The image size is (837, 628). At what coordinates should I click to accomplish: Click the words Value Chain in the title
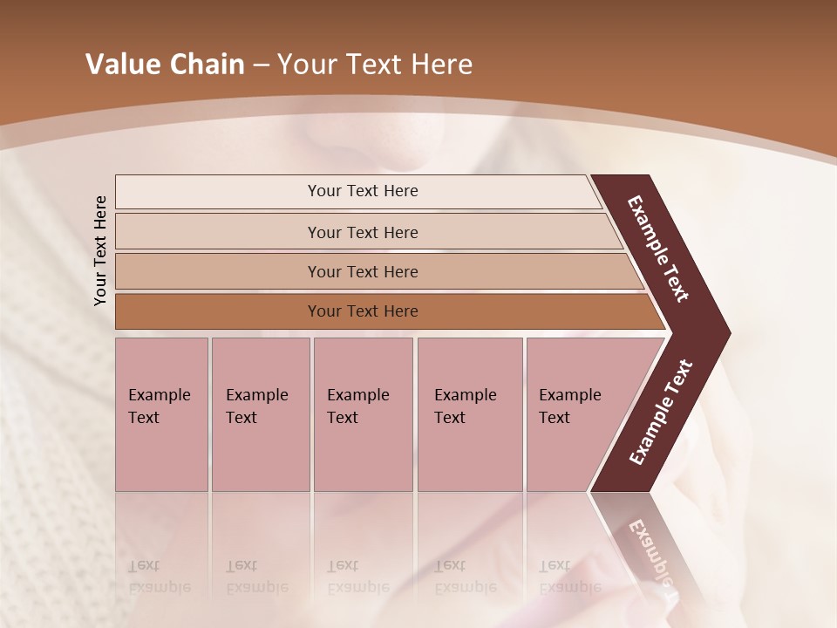[165, 65]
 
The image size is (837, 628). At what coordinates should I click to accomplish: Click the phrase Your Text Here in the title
[375, 65]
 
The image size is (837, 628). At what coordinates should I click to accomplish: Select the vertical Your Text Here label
[100, 250]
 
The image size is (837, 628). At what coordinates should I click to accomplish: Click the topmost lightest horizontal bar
[357, 191]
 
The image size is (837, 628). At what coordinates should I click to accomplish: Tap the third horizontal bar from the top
[375, 271]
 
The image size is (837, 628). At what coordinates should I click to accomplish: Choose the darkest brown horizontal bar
[384, 311]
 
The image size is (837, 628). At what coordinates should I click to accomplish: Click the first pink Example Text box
[161, 414]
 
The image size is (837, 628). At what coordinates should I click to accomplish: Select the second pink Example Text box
[260, 414]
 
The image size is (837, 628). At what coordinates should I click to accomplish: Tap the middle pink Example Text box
[363, 414]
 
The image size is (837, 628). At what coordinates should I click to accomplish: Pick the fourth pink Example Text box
[469, 414]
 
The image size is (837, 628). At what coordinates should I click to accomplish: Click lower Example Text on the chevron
[660, 413]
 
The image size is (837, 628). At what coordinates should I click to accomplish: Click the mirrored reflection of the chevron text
[650, 554]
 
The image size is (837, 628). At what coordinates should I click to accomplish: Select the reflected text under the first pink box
[159, 577]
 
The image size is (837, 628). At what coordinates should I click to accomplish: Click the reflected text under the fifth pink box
[569, 577]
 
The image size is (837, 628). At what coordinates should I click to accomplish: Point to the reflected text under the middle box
[357, 577]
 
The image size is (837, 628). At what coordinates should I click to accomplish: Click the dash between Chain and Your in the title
[261, 65]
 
